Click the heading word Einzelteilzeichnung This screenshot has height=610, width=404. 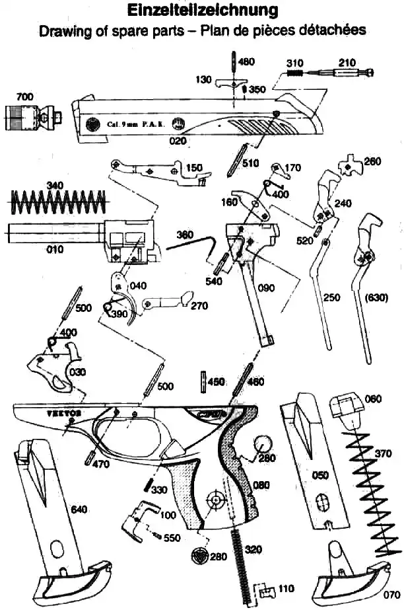tap(201, 11)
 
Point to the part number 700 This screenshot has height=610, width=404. tap(24, 97)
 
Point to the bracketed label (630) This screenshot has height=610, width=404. tap(376, 297)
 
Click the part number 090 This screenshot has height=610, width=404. tap(267, 287)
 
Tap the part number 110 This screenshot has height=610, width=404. tap(286, 588)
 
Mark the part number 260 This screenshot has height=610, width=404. tap(372, 161)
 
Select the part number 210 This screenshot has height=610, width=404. tap(346, 62)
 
